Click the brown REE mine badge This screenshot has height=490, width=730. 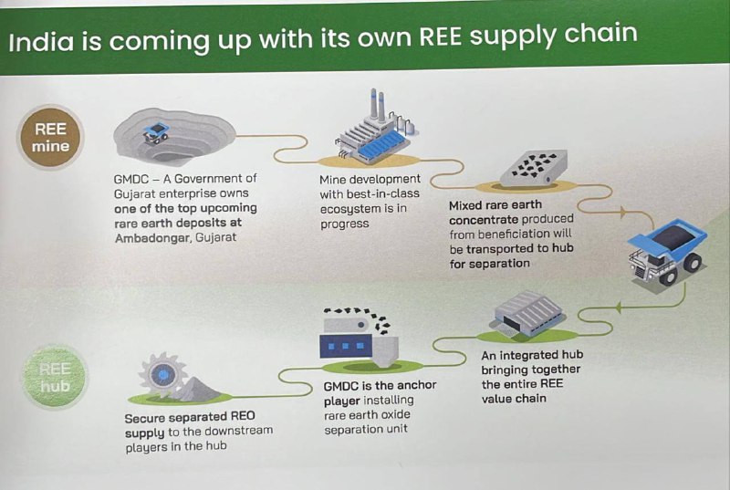click(x=50, y=137)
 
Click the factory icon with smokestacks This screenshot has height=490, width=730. click(x=374, y=128)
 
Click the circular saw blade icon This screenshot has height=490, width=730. click(x=164, y=373)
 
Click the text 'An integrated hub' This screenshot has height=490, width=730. click(x=532, y=355)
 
